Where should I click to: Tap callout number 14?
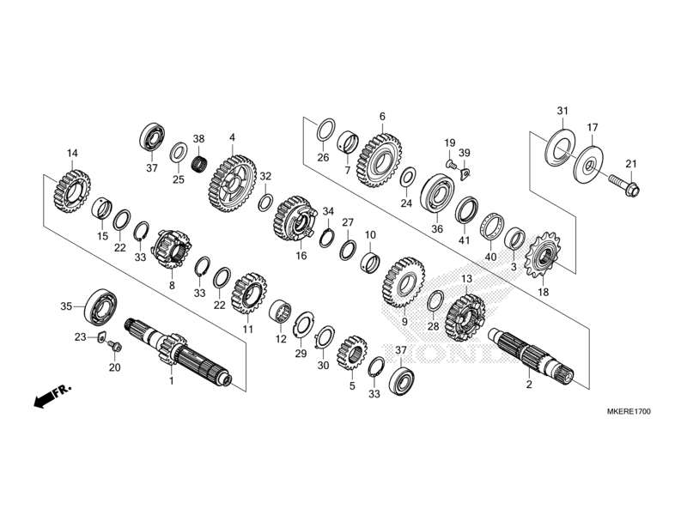pyautogui.click(x=72, y=154)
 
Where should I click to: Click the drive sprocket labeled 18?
pyautogui.click(x=542, y=256)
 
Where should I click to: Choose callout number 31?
pyautogui.click(x=562, y=112)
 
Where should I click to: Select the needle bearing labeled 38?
pyautogui.click(x=200, y=162)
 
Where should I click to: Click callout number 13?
pyautogui.click(x=467, y=279)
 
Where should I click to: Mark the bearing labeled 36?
pyautogui.click(x=437, y=194)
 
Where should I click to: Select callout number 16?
pyautogui.click(x=301, y=256)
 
